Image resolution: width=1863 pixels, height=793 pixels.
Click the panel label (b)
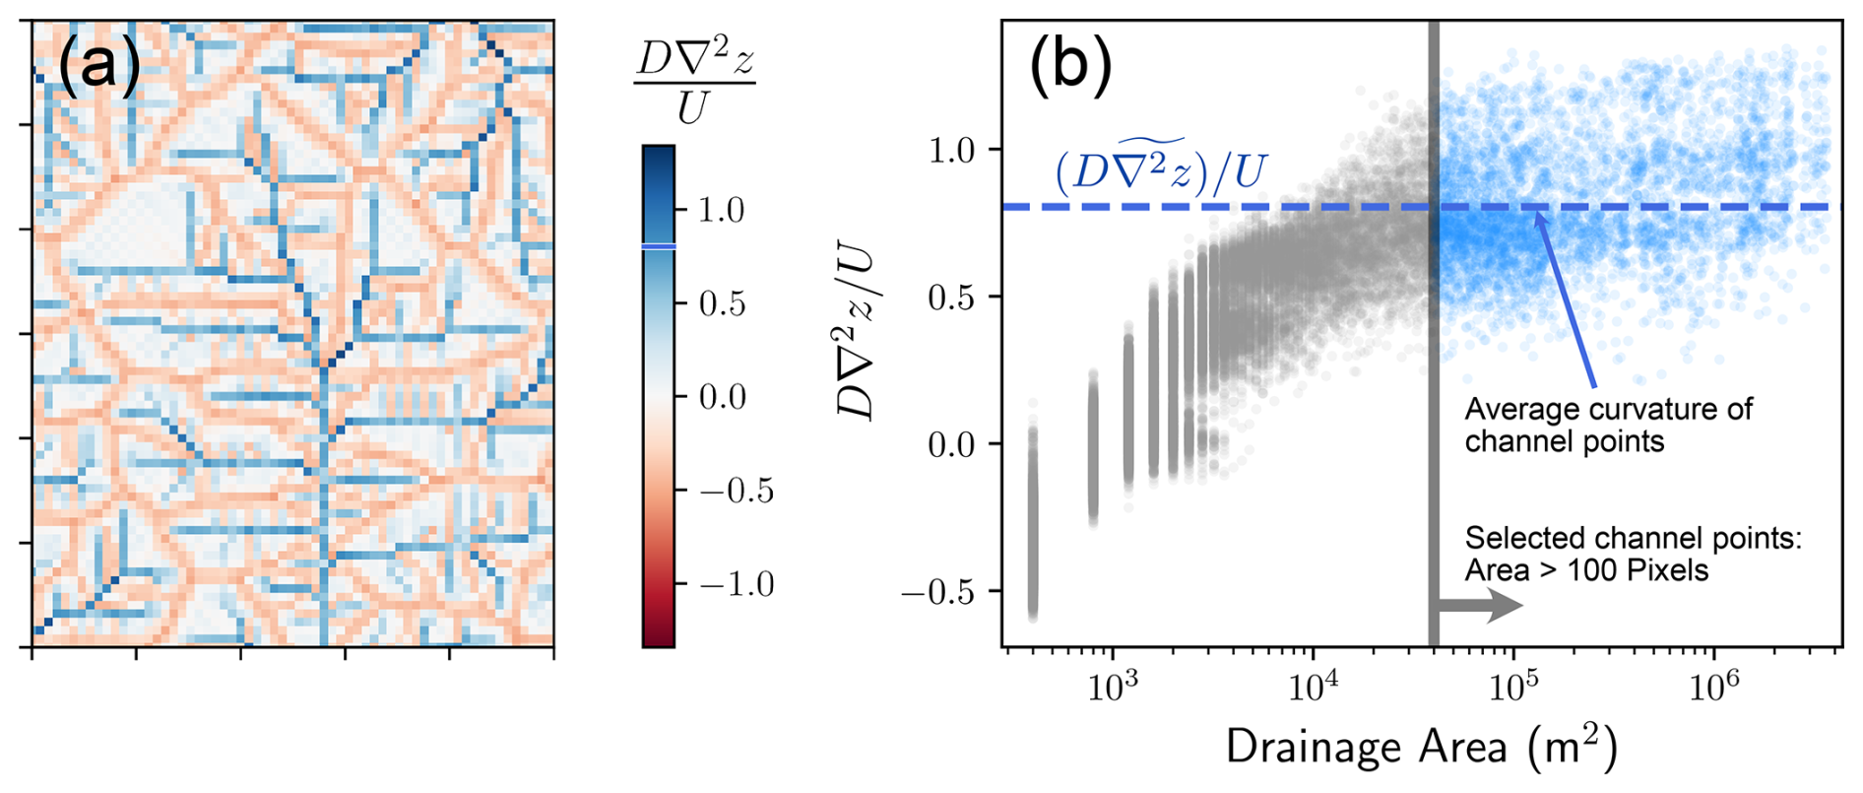point(1070,67)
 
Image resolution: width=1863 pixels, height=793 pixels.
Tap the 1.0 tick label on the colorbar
point(721,210)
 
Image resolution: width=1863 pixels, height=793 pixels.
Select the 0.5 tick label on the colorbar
point(721,303)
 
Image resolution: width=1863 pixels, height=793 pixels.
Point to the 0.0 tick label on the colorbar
point(721,397)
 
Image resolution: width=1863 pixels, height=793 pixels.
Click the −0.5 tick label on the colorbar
point(736,491)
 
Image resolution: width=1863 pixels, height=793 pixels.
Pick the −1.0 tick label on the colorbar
point(736,584)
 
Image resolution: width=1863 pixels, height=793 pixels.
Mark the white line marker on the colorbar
point(659,246)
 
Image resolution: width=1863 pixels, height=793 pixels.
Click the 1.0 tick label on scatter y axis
point(950,150)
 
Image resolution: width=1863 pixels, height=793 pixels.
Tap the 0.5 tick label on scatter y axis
point(950,297)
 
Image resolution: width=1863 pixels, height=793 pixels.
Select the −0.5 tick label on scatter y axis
point(936,592)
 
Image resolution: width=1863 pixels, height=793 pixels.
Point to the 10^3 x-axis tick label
point(1112,686)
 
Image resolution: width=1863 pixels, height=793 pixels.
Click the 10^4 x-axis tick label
point(1313,686)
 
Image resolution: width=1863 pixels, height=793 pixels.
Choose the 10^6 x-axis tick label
point(1713,686)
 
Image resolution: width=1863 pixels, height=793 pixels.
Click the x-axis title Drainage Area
point(1421,748)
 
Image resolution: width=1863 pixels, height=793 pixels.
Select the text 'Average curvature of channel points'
point(1608,425)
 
